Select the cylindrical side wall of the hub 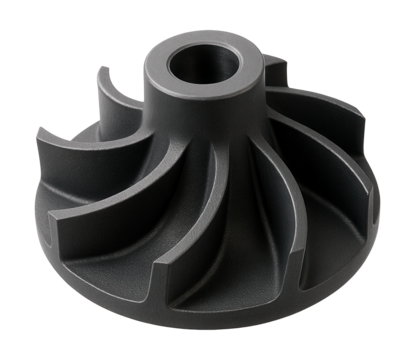point(200,125)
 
